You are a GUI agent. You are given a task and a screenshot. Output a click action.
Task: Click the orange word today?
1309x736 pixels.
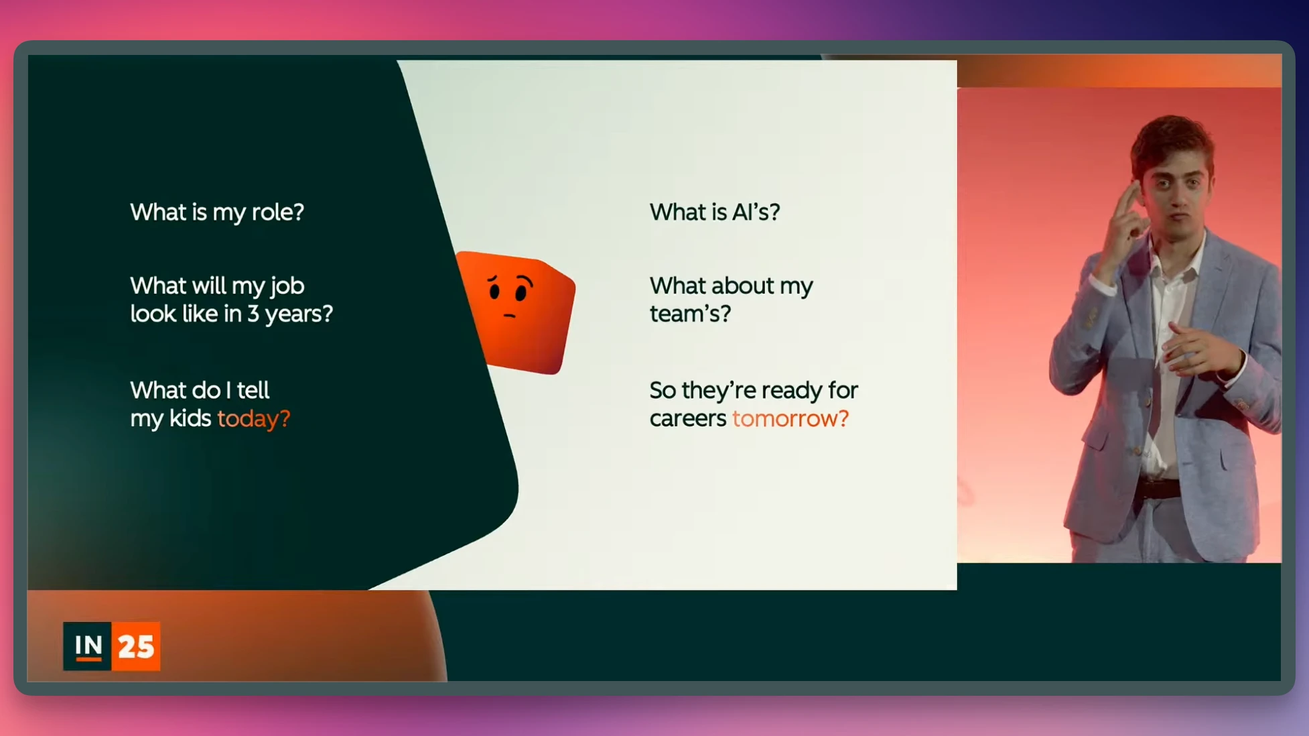[253, 419]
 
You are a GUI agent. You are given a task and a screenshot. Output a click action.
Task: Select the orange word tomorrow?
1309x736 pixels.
[790, 418]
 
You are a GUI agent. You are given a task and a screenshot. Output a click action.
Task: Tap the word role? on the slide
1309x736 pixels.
[277, 212]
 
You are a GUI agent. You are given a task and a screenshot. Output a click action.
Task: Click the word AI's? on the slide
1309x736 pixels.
[756, 212]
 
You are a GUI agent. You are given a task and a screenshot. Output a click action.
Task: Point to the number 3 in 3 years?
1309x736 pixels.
[253, 314]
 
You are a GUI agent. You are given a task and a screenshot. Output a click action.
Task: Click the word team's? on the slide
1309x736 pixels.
[690, 314]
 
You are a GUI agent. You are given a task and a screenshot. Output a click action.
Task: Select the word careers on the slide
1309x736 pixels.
[688, 419]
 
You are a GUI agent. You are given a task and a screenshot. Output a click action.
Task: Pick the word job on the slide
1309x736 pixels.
[287, 287]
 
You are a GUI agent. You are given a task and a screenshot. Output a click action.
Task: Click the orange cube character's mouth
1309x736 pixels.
[509, 315]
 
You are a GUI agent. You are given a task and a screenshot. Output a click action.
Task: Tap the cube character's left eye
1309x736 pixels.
[494, 291]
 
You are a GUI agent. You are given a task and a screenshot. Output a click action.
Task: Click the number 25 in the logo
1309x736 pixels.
[136, 647]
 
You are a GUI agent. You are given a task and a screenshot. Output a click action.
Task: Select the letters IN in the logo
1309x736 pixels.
[88, 646]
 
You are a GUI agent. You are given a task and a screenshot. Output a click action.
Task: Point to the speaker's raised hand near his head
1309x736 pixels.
[1127, 214]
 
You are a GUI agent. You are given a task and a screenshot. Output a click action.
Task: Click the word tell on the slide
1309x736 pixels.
[253, 390]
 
